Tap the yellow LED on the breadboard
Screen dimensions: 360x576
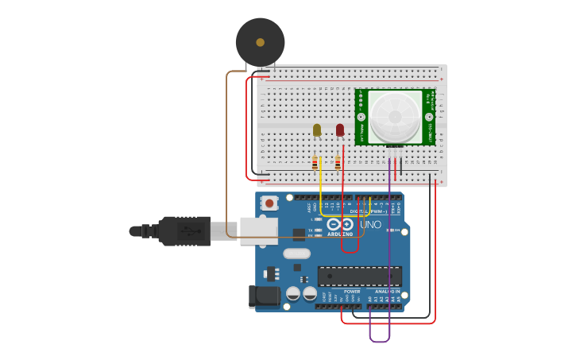point(317,130)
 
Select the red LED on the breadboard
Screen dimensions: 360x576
point(340,130)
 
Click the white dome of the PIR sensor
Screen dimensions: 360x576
point(396,116)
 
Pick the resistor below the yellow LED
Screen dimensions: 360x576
point(315,163)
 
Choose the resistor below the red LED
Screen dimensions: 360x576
point(338,163)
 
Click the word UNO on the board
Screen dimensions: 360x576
point(371,225)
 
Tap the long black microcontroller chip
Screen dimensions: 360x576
point(359,276)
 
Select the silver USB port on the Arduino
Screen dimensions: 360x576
point(258,230)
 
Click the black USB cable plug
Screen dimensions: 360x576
point(184,231)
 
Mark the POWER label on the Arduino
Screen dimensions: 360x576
point(352,292)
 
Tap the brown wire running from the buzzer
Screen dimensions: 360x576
point(226,159)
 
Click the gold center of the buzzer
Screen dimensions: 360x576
point(260,42)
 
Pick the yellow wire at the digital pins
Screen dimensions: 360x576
point(321,191)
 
